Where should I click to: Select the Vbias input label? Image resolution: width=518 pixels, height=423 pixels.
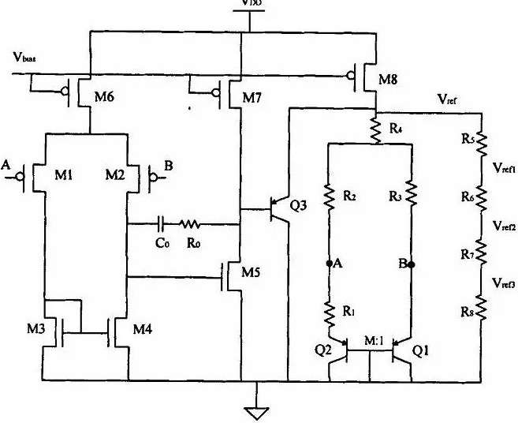click(x=24, y=57)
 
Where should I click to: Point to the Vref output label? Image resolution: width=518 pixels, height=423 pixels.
click(x=450, y=100)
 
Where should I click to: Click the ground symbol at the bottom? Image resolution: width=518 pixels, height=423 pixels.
click(x=256, y=410)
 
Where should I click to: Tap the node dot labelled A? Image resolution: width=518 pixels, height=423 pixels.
click(x=327, y=264)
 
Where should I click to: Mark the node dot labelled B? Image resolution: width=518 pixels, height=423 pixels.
click(x=412, y=264)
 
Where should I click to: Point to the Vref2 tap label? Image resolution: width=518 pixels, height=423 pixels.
click(x=503, y=226)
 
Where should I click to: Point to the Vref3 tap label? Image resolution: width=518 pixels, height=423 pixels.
click(x=503, y=282)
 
